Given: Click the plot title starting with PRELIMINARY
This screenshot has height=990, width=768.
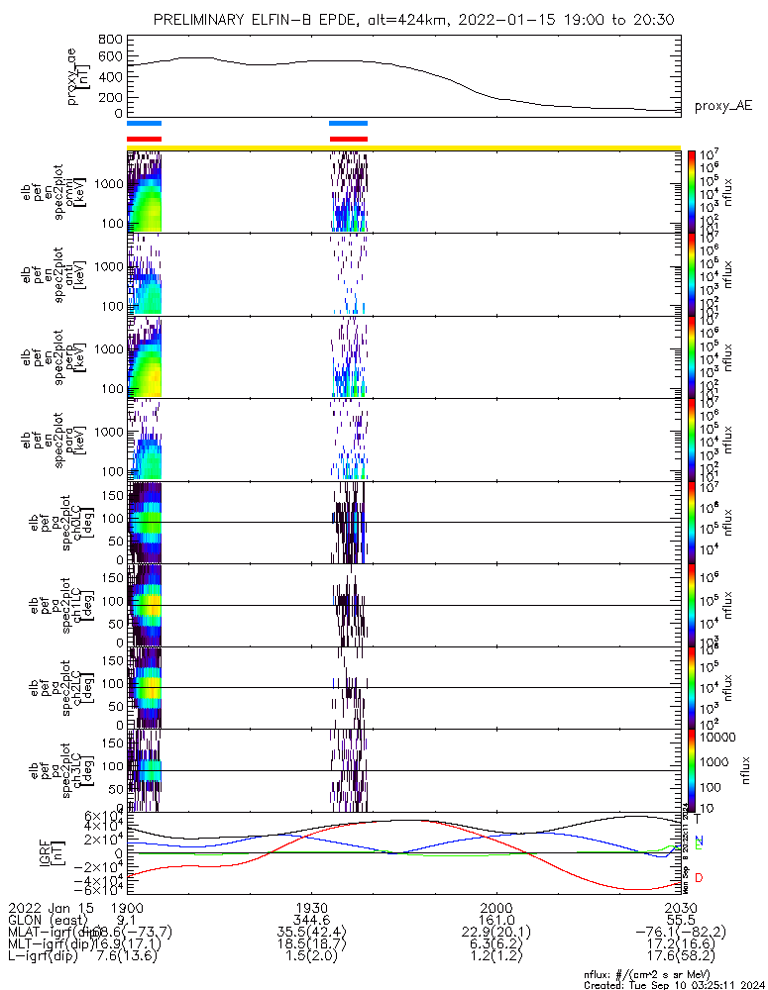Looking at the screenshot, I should tap(417, 20).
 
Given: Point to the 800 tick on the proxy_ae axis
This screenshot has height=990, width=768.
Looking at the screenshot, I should tap(110, 40).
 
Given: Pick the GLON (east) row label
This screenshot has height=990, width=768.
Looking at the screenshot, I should tap(46, 919).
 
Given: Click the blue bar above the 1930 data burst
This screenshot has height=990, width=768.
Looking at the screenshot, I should tap(348, 124).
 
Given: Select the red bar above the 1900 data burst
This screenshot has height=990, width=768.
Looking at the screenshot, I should tap(144, 139).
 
